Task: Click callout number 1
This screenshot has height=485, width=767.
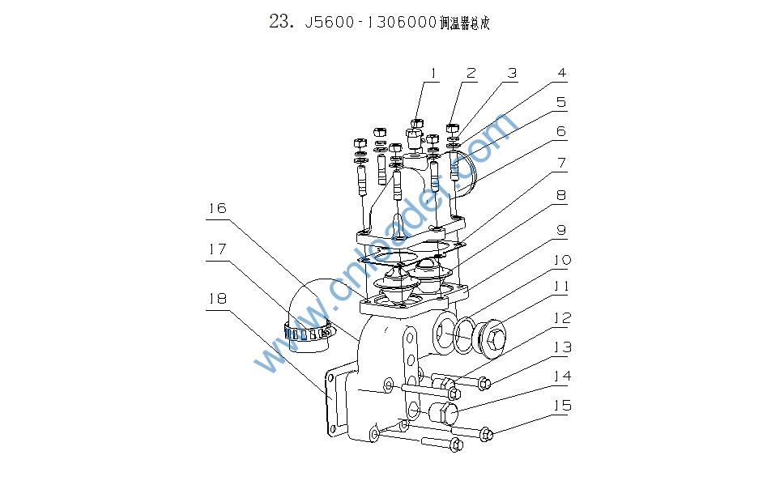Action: [x=433, y=74]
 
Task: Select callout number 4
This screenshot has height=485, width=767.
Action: [x=561, y=74]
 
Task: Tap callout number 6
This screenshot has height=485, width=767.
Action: [x=561, y=131]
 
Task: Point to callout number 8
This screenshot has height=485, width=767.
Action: [x=561, y=196]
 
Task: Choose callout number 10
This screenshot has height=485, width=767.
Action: [x=561, y=260]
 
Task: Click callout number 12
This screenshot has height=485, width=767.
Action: [x=561, y=317]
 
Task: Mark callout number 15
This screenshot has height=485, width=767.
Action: [x=561, y=405]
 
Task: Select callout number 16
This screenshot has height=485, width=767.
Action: [x=217, y=208]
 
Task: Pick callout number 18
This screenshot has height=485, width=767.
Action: [x=217, y=299]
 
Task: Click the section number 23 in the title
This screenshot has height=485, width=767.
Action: [x=280, y=22]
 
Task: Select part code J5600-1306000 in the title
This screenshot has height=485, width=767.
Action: [x=368, y=23]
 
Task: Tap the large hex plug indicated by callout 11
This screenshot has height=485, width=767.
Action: [x=491, y=334]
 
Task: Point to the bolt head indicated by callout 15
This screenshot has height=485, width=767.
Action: [x=487, y=435]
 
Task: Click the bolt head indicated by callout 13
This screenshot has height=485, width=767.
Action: [x=483, y=382]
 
